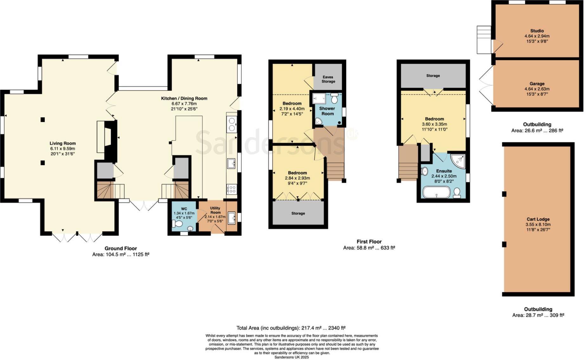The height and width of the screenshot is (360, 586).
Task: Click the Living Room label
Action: coord(62,143)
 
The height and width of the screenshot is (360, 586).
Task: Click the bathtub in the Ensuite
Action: coord(436,192)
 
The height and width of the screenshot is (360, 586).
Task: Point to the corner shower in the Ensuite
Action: coord(459,161)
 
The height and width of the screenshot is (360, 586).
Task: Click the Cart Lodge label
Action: coord(538,219)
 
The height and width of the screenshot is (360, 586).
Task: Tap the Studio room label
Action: coord(537,31)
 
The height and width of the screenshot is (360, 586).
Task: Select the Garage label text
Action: coord(537,84)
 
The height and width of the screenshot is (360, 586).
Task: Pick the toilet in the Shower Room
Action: coord(334,99)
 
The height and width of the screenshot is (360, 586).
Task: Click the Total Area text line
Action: coord(291,328)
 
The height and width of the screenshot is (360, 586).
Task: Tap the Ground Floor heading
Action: coord(121,248)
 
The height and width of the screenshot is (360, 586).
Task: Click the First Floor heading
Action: coord(369,241)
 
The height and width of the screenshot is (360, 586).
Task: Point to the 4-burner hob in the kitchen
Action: coord(232,189)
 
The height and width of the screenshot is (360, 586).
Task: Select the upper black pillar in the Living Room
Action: coord(42,119)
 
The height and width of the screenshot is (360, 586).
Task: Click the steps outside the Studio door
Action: coord(484,39)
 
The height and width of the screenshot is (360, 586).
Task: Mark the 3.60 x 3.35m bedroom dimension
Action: coord(434,124)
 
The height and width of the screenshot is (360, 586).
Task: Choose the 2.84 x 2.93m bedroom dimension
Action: coord(297,178)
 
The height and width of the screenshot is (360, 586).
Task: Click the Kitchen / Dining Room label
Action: coord(184,99)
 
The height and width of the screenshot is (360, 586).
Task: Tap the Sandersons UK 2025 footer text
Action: coord(291,357)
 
